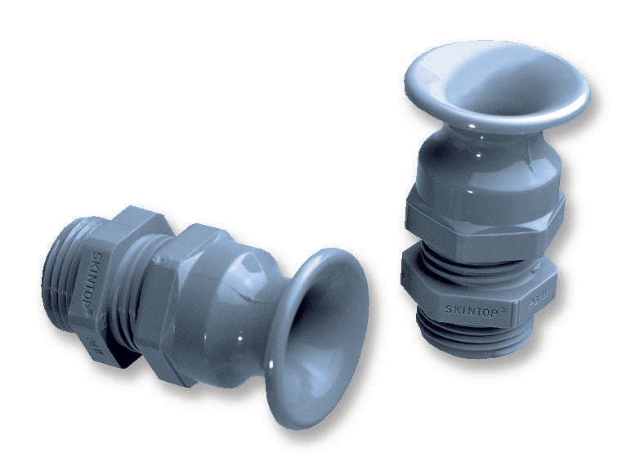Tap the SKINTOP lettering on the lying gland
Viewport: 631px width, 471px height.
coord(96,262)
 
